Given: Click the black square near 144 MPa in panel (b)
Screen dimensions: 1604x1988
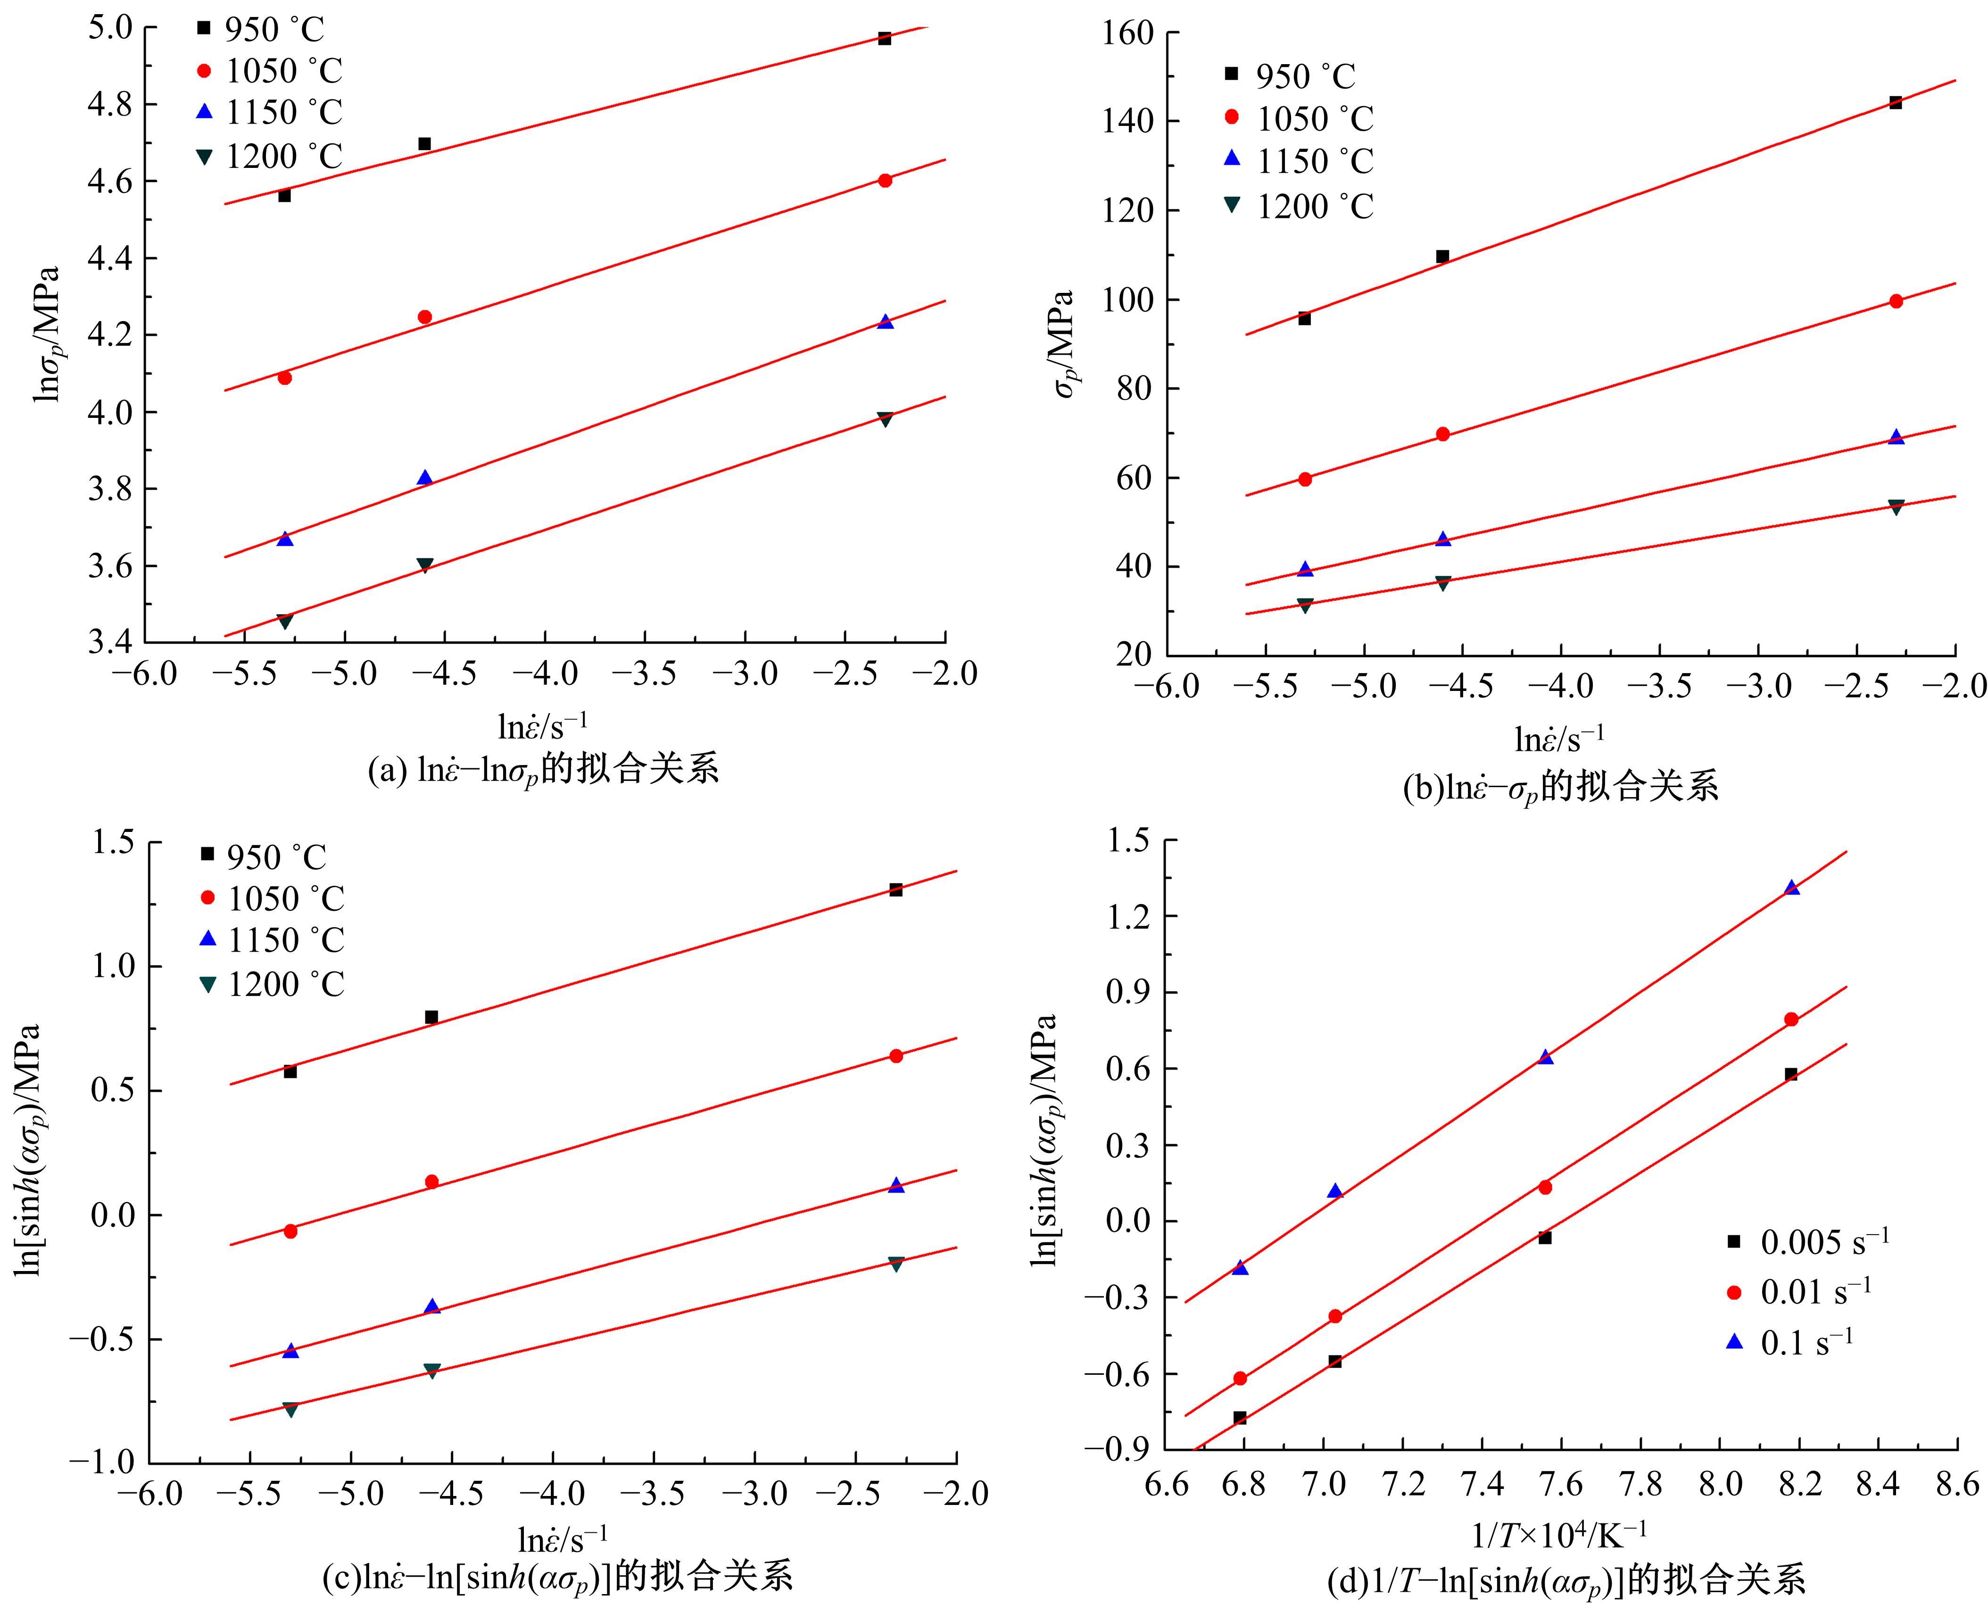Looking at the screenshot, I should tap(1895, 102).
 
